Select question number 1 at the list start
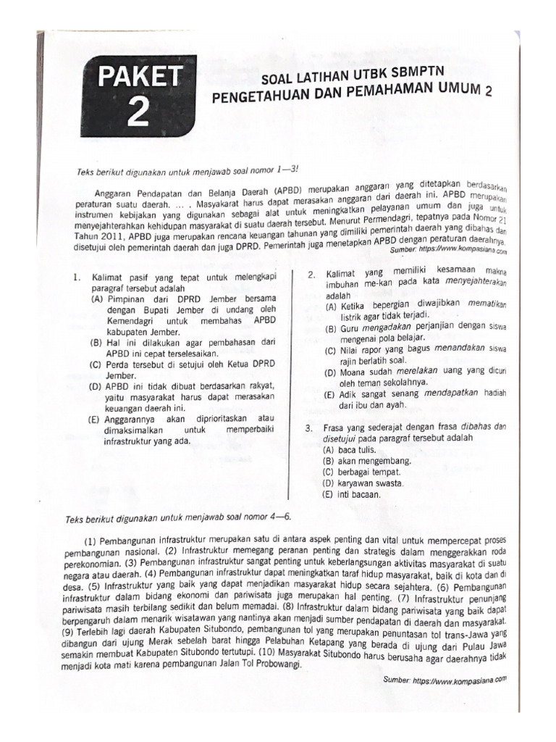click(x=75, y=276)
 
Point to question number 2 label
click(x=311, y=274)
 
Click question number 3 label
click(x=309, y=428)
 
